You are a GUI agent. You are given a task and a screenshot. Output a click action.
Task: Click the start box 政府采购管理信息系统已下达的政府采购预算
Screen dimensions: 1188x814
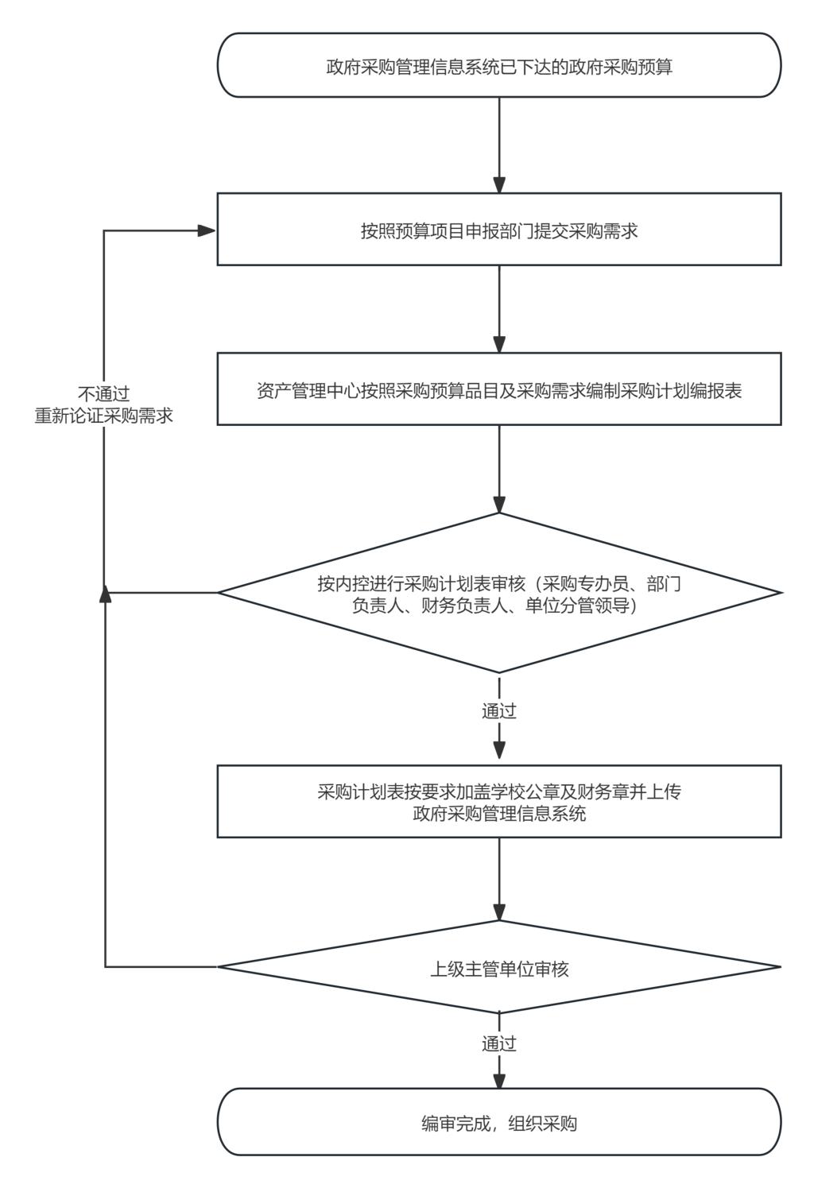coord(499,66)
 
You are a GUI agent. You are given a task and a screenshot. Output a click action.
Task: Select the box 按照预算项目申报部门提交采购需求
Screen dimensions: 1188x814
coord(499,230)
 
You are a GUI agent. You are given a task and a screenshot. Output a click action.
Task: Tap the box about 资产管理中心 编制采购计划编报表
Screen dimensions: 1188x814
coord(499,390)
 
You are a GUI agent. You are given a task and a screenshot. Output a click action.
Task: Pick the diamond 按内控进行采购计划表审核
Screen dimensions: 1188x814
coord(499,594)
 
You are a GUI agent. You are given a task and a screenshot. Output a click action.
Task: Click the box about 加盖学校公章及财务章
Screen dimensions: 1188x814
coord(499,801)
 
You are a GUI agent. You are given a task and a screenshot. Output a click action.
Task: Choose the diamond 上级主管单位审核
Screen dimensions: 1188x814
coord(499,968)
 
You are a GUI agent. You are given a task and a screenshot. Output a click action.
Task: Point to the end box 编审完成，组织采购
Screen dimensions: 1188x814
coord(499,1122)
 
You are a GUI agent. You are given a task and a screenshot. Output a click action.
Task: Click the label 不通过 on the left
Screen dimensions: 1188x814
coord(103,394)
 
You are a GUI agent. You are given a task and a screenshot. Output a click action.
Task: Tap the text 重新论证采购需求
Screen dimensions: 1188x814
coord(103,416)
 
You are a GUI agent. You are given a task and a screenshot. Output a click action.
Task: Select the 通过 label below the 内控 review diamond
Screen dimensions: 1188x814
coord(499,711)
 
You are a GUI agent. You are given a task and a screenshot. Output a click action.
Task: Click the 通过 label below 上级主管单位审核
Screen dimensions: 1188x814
coord(499,1043)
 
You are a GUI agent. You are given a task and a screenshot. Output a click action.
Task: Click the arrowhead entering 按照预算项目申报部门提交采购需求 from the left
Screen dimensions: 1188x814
coord(208,230)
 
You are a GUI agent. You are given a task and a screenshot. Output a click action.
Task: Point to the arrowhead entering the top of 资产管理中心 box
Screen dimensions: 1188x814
coord(499,345)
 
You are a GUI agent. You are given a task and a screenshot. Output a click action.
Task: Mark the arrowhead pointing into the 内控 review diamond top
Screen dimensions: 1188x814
coord(499,505)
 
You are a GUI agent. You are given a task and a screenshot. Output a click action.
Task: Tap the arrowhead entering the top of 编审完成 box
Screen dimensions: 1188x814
coord(499,1080)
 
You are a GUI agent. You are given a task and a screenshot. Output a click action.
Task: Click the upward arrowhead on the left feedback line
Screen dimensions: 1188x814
coord(105,594)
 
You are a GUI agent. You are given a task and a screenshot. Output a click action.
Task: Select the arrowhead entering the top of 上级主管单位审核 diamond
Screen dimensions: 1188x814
coord(499,912)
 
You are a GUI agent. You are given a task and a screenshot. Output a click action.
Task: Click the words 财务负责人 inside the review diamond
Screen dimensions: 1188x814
coord(452,606)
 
